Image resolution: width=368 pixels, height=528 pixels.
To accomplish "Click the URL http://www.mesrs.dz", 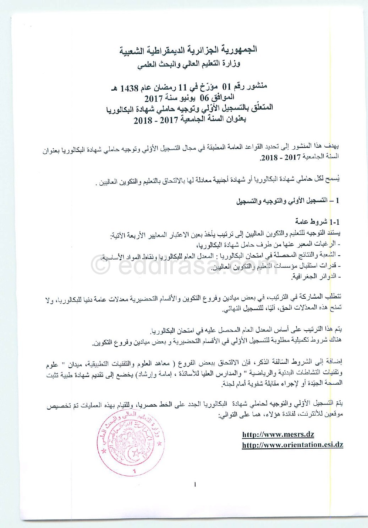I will click(x=278, y=434).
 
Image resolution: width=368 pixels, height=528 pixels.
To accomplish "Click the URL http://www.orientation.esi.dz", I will click(x=292, y=444).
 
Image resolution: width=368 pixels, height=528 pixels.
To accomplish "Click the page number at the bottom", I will click(x=195, y=484).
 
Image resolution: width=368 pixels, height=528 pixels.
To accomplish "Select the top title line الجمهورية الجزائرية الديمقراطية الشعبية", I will click(x=188, y=50).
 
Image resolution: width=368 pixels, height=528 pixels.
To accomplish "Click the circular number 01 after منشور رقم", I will click(x=226, y=86).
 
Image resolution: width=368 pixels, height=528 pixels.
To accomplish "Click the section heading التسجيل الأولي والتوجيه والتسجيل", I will click(x=281, y=201).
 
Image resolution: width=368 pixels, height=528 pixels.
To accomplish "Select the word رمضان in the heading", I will click(x=164, y=87).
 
